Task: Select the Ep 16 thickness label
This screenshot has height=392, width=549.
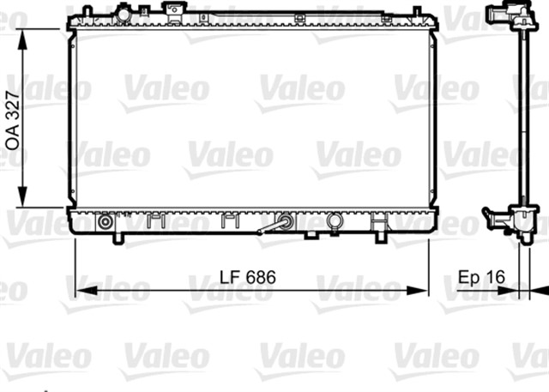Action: pos(481,276)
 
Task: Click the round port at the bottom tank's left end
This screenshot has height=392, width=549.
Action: pos(105,221)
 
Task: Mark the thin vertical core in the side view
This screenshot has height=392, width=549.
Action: pos(521,120)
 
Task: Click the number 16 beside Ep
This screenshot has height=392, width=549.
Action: pos(496,276)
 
